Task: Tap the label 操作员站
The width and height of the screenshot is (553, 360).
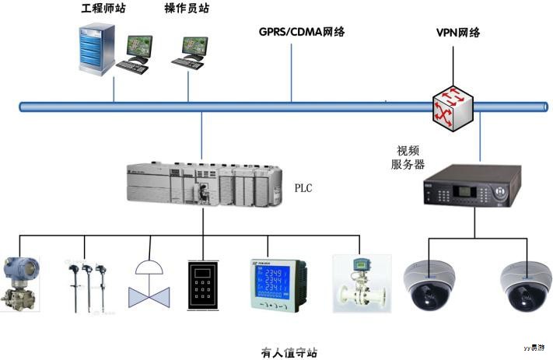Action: [x=187, y=9]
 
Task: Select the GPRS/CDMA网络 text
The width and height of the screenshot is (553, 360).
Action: [x=302, y=32]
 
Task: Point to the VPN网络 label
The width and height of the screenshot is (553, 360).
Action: [x=459, y=33]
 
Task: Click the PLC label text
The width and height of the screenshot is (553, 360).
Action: [x=303, y=188]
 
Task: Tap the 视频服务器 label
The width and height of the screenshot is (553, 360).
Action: [x=408, y=157]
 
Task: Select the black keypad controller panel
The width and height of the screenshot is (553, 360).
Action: [x=204, y=285]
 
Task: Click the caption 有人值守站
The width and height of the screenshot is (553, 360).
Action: [x=289, y=352]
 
